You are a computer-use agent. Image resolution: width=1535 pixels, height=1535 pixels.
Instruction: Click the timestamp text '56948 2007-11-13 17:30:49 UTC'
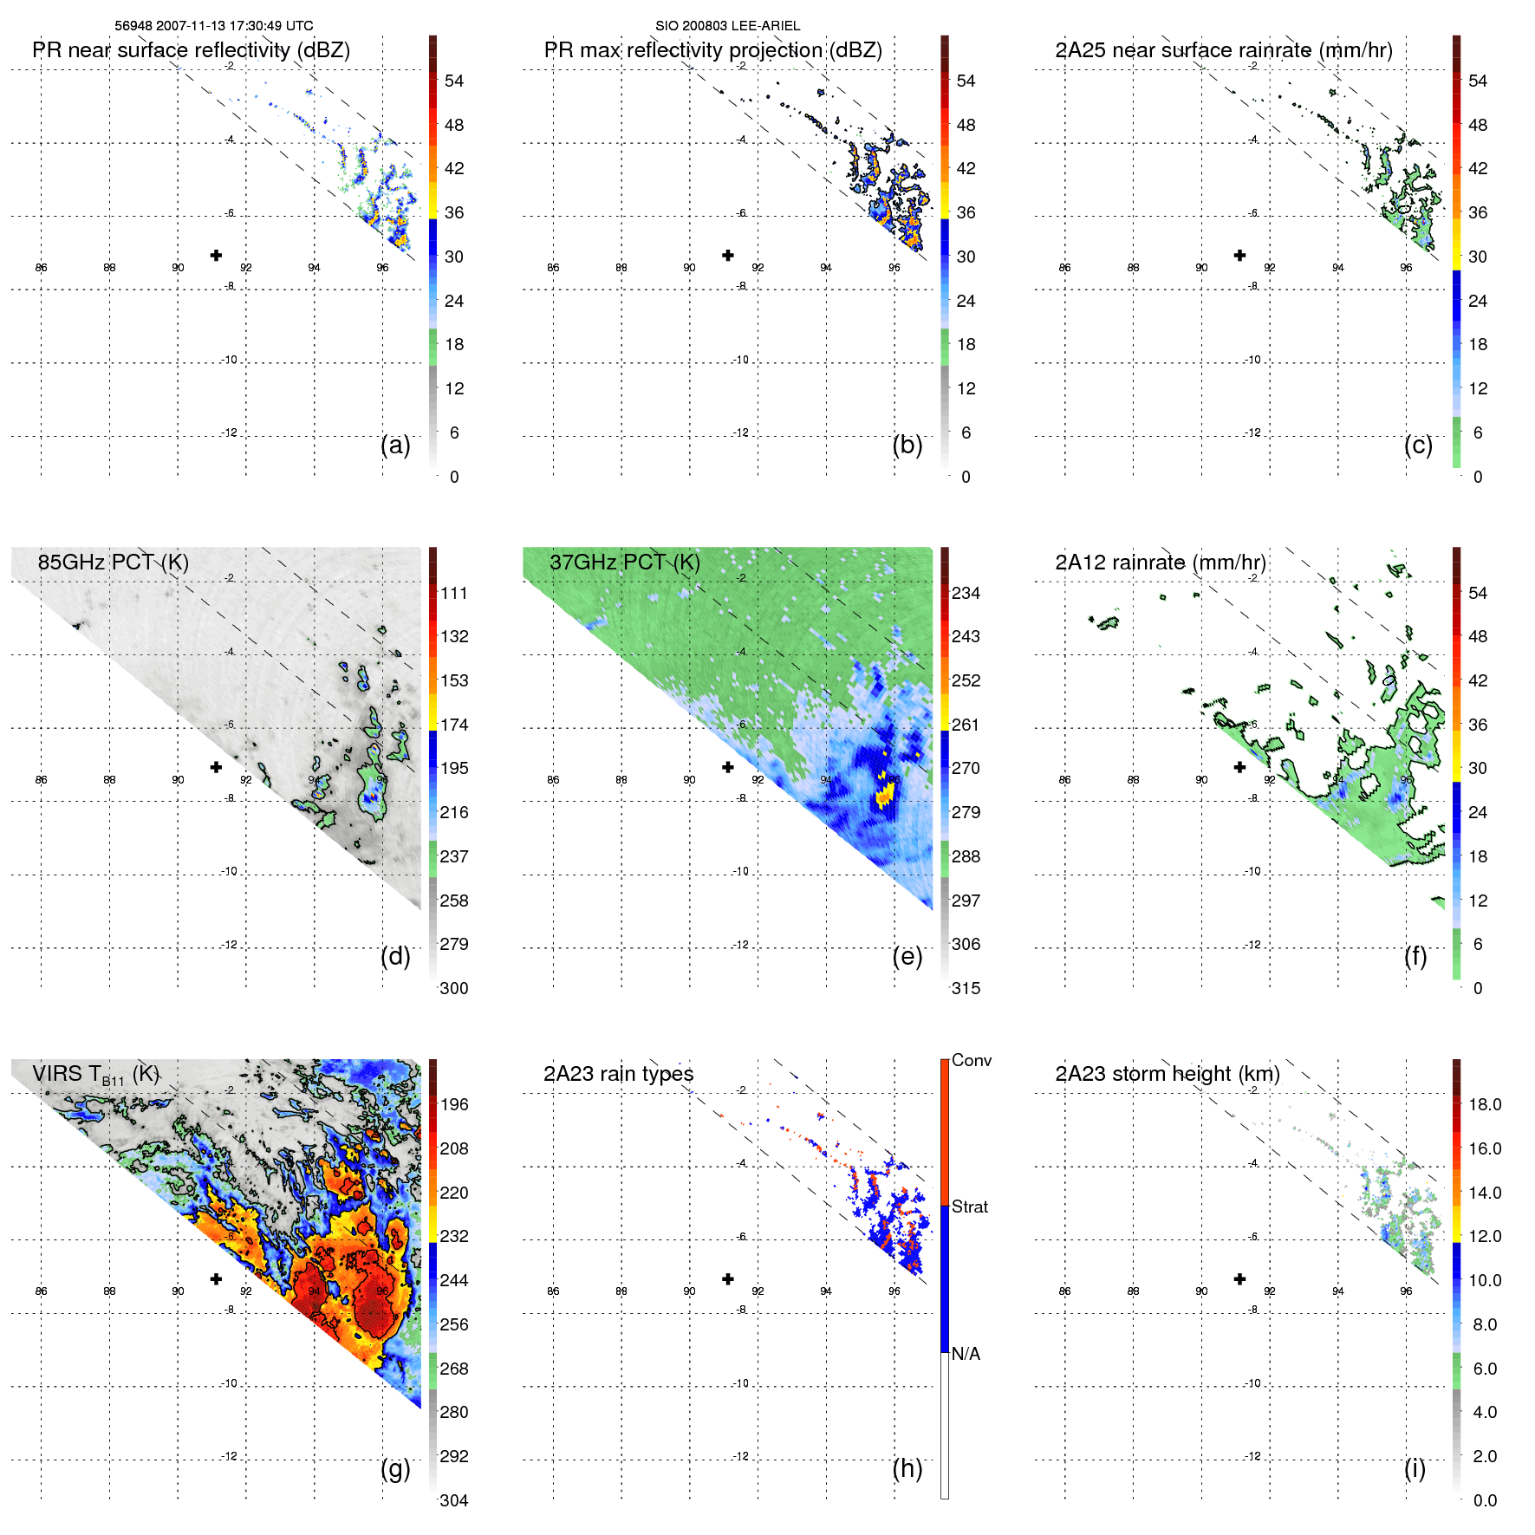pyautogui.click(x=214, y=26)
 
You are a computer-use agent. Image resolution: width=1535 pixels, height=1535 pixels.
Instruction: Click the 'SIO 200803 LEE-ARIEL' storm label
pyautogui.click(x=727, y=26)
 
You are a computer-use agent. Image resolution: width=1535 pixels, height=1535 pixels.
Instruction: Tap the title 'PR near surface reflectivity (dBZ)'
pyautogui.click(x=192, y=50)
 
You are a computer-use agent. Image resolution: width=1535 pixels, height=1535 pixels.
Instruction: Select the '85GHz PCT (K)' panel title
pyautogui.click(x=114, y=563)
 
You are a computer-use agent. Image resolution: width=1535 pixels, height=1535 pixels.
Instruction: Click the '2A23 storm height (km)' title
pyautogui.click(x=1168, y=1074)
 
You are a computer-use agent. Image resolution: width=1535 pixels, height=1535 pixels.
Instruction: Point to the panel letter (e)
pyautogui.click(x=907, y=956)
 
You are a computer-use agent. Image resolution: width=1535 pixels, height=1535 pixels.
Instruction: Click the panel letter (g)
pyautogui.click(x=395, y=1468)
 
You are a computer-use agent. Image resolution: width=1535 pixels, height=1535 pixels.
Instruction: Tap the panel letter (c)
pyautogui.click(x=1418, y=445)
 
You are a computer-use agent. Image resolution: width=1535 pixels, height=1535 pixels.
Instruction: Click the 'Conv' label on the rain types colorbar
pyautogui.click(x=972, y=1060)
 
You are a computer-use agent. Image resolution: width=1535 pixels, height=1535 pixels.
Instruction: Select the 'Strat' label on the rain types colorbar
pyautogui.click(x=970, y=1207)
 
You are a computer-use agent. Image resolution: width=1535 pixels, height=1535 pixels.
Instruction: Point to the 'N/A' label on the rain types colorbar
pyautogui.click(x=966, y=1354)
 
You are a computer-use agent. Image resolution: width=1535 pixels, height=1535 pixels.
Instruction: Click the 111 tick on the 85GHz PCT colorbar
pyautogui.click(x=454, y=593)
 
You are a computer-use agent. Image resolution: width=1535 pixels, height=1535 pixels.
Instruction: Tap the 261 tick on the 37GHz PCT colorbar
pyautogui.click(x=966, y=725)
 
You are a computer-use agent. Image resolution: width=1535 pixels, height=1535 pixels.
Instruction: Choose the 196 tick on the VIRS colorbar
pyautogui.click(x=454, y=1104)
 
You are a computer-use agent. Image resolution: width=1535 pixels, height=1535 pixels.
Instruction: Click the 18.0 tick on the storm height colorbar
pyautogui.click(x=1485, y=1104)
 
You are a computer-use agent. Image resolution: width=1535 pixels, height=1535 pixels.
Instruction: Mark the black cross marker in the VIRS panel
pyautogui.click(x=216, y=1278)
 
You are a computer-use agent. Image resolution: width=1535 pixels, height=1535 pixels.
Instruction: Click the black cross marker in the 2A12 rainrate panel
pyautogui.click(x=1239, y=767)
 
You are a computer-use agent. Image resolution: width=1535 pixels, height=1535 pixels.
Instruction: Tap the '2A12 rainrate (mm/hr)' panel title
pyautogui.click(x=1161, y=563)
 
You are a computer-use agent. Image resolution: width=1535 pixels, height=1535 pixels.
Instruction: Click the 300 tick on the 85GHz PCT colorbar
pyautogui.click(x=454, y=988)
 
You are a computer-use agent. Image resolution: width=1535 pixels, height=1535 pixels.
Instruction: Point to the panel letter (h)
pyautogui.click(x=907, y=1468)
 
